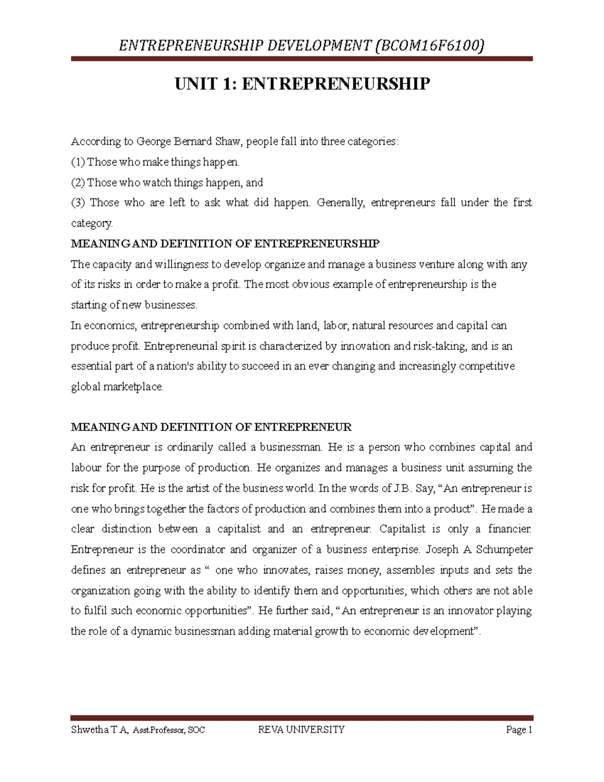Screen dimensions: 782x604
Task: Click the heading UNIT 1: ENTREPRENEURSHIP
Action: tap(302, 84)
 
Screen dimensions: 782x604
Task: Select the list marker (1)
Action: tap(78, 162)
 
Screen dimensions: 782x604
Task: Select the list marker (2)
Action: tap(78, 182)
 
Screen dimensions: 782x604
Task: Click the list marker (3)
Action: tap(79, 203)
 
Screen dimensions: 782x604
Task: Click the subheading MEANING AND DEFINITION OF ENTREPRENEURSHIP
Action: tap(225, 244)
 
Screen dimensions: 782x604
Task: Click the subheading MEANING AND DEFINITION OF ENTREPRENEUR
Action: tap(211, 428)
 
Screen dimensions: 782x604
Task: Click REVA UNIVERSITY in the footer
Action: tap(301, 730)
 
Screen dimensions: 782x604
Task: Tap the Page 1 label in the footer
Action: tap(519, 730)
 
